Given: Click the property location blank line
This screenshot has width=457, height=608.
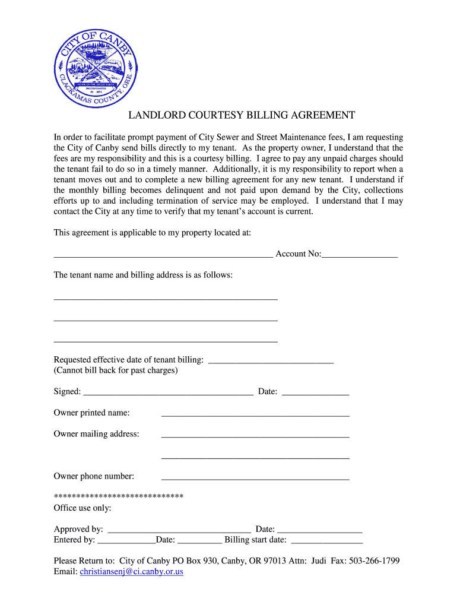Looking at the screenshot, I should coord(163,255).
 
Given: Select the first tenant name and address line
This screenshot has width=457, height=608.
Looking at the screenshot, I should coord(166,298).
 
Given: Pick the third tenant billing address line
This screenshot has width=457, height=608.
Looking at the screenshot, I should coord(166,341).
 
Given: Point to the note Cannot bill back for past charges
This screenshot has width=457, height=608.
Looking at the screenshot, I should coord(116,370).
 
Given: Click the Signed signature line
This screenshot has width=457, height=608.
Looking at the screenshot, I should coord(169,393).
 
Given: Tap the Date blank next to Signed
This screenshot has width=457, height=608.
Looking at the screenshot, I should coord(315,393).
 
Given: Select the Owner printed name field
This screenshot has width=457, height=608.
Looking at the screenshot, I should coord(255,414).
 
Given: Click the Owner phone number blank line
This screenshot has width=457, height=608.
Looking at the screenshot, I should coord(255,477).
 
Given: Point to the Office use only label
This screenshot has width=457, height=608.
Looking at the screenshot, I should coord(82,508).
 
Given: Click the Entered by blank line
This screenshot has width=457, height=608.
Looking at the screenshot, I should coord(126,541).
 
